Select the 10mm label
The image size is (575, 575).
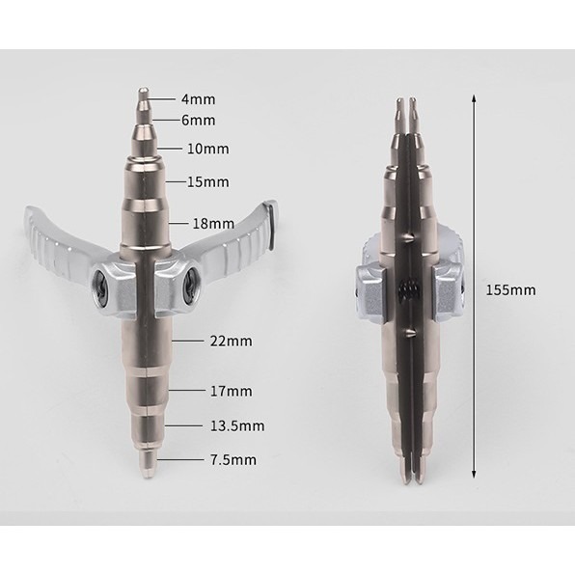[207, 149]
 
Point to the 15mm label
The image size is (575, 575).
[207, 181]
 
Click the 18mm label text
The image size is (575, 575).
[213, 224]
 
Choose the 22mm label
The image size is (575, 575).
[230, 342]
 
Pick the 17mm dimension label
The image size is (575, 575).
[230, 391]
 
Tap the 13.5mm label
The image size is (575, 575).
[237, 425]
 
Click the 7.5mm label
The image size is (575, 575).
[233, 460]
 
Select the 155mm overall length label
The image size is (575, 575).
[512, 289]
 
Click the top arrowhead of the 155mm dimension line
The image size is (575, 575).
[474, 98]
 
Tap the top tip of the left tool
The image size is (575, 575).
[141, 95]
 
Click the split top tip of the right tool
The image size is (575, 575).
[408, 104]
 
